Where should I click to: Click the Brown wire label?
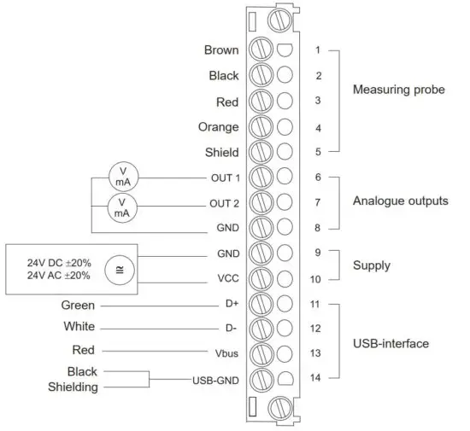pos(221,50)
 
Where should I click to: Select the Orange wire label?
pos(220,128)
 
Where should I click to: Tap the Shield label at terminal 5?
pos(221,154)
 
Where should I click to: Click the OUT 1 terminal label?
pos(225,178)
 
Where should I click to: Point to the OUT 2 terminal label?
pos(225,204)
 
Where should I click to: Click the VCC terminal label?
pos(227,279)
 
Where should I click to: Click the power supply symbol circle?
pos(116,270)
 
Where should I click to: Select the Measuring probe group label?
pos(399,90)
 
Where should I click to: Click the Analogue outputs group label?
pos(401,201)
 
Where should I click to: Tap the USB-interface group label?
pos(391,343)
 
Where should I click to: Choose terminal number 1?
pos(317,50)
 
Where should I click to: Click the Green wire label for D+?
pos(78,305)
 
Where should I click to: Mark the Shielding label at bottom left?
pos(72,387)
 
